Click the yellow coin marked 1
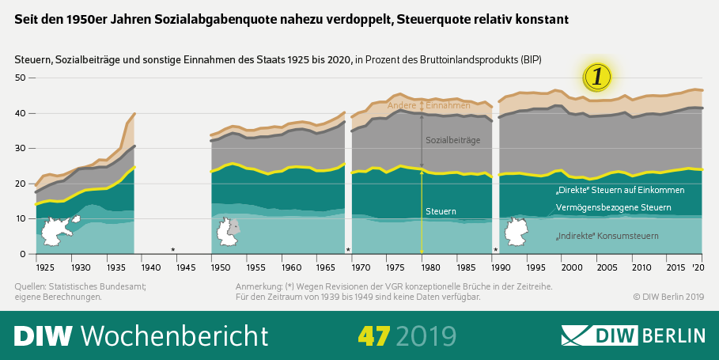[x=598, y=76]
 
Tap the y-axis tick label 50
[x=21, y=78]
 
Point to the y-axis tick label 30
[x=21, y=148]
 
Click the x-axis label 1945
[x=185, y=267]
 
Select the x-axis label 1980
[x=422, y=267]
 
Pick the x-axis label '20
[x=698, y=267]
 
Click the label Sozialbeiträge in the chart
[x=452, y=140]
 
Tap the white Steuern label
[x=441, y=211]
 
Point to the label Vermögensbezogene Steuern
[x=614, y=207]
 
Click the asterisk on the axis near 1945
[x=173, y=250]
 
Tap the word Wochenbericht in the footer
[x=170, y=335]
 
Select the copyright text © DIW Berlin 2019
[x=668, y=297]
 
